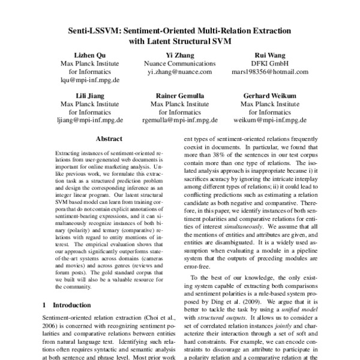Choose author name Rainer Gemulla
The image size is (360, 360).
point(180,95)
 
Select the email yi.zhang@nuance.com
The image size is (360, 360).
point(180,71)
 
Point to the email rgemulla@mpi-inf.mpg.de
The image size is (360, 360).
point(180,119)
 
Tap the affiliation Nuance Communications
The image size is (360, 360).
point(180,64)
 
